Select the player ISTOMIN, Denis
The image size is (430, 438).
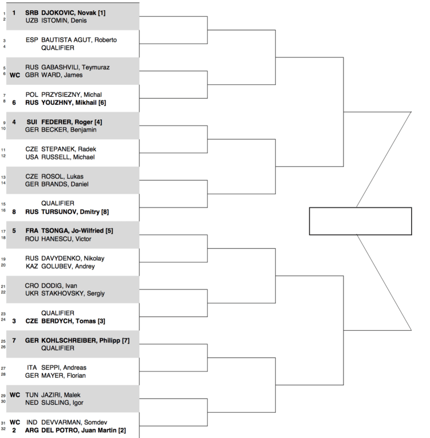[64, 20]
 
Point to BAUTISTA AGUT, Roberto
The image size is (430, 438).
[79, 40]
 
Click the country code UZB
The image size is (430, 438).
[32, 20]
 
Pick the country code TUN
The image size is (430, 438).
[32, 395]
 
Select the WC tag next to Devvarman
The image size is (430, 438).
[14, 423]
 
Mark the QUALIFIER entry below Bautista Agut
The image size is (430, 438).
[58, 48]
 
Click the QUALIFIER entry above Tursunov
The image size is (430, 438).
[58, 204]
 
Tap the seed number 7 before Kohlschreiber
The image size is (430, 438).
[14, 341]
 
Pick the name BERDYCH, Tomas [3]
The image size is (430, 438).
[73, 321]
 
